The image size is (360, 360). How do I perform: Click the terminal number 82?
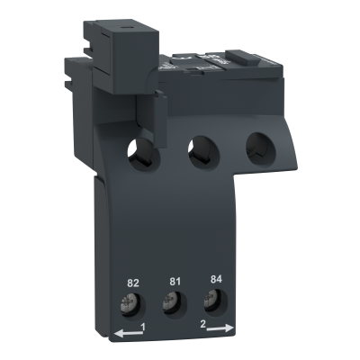tap(133, 283)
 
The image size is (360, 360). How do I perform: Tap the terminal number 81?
tap(175, 282)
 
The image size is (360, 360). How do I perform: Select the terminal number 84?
tap(216, 279)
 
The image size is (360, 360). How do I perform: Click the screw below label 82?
tap(128, 306)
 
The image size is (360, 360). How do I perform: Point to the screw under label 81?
tap(169, 304)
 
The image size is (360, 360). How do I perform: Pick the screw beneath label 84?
tap(211, 301)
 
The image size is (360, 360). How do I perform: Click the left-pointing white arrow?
tap(129, 333)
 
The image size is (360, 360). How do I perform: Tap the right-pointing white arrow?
tap(220, 328)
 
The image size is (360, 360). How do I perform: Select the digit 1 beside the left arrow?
tap(143, 327)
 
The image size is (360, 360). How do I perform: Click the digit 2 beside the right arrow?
tap(202, 324)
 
